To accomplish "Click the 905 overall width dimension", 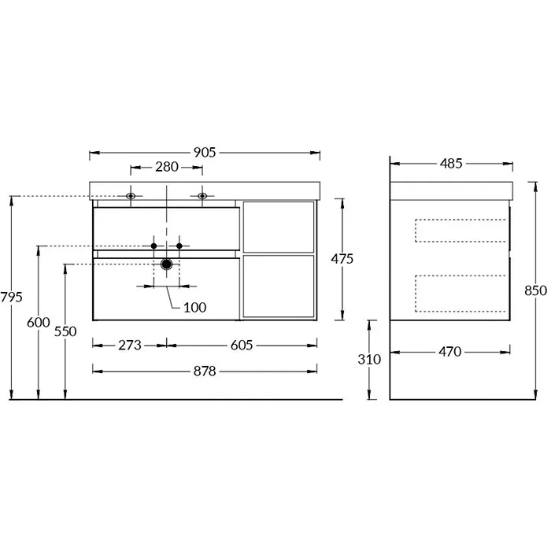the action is pyautogui.click(x=205, y=153).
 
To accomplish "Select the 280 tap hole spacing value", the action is pyautogui.click(x=167, y=167).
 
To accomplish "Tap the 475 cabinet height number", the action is pyautogui.click(x=342, y=259).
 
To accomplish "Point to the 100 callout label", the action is pyautogui.click(x=194, y=308).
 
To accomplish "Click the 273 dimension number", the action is pyautogui.click(x=130, y=346).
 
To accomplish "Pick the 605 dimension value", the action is pyautogui.click(x=242, y=346).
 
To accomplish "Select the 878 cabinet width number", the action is pyautogui.click(x=205, y=372).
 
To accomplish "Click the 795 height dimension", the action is pyautogui.click(x=11, y=298).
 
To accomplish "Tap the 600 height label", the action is pyautogui.click(x=39, y=323).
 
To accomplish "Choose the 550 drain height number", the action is pyautogui.click(x=65, y=331).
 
